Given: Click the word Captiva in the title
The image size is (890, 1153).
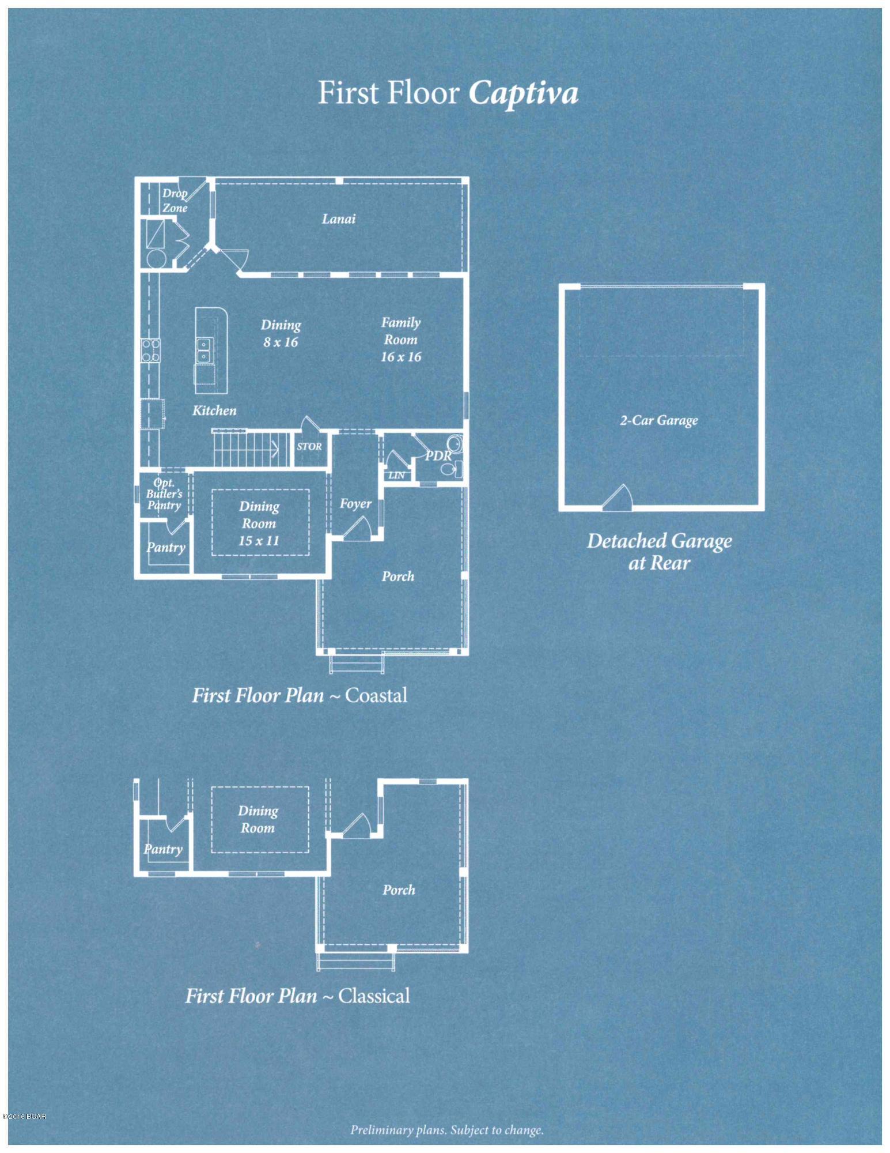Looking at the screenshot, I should [x=523, y=93].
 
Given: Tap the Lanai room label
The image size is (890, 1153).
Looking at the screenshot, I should [x=339, y=218].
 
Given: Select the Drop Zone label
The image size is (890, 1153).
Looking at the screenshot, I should [x=175, y=201].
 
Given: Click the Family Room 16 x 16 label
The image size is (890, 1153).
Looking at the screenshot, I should [x=401, y=340].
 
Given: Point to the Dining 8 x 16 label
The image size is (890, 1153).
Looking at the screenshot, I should [x=281, y=333].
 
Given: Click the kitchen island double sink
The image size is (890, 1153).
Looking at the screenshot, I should [x=204, y=351].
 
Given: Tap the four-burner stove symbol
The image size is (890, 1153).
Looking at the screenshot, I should [x=151, y=350].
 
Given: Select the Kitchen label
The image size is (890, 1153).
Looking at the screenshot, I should [x=214, y=410].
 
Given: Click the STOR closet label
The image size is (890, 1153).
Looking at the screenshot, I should [x=309, y=446].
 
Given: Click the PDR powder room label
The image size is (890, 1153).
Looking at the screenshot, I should [x=438, y=455].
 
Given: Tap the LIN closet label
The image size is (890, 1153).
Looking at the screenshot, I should [x=396, y=476].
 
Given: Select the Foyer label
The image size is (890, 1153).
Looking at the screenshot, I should [x=355, y=504].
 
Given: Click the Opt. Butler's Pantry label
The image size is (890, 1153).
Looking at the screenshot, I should [x=164, y=494].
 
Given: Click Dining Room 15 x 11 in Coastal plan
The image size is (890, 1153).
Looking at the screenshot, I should [x=259, y=523].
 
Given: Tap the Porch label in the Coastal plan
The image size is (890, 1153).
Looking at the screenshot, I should [x=398, y=576].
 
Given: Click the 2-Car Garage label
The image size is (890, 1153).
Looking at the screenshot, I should [x=659, y=420].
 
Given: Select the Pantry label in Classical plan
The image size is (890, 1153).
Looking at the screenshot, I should [x=164, y=849].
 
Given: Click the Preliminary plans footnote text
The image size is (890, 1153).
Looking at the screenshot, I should [x=447, y=1130].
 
